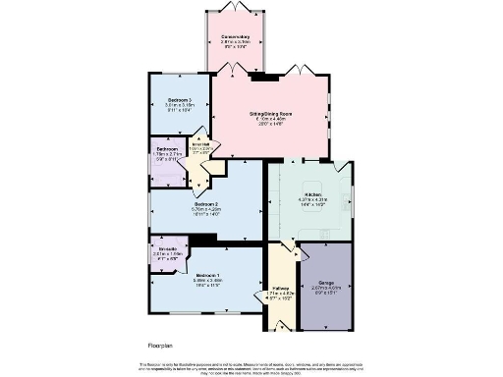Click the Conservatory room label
pyautogui.click(x=234, y=37)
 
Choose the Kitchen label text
pyautogui.click(x=313, y=194)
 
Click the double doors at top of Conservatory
pyautogui.click(x=234, y=8)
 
